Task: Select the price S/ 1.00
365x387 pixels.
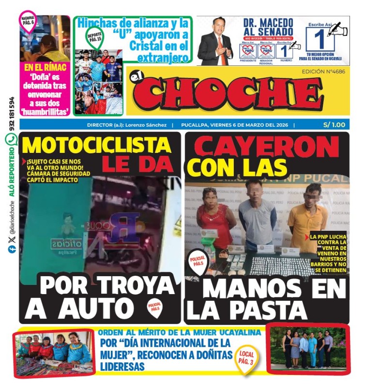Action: [334, 125]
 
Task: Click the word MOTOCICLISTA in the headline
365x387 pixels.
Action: [97, 145]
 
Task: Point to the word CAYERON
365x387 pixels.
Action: [267, 146]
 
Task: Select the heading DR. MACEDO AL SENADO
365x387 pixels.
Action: [268, 27]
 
